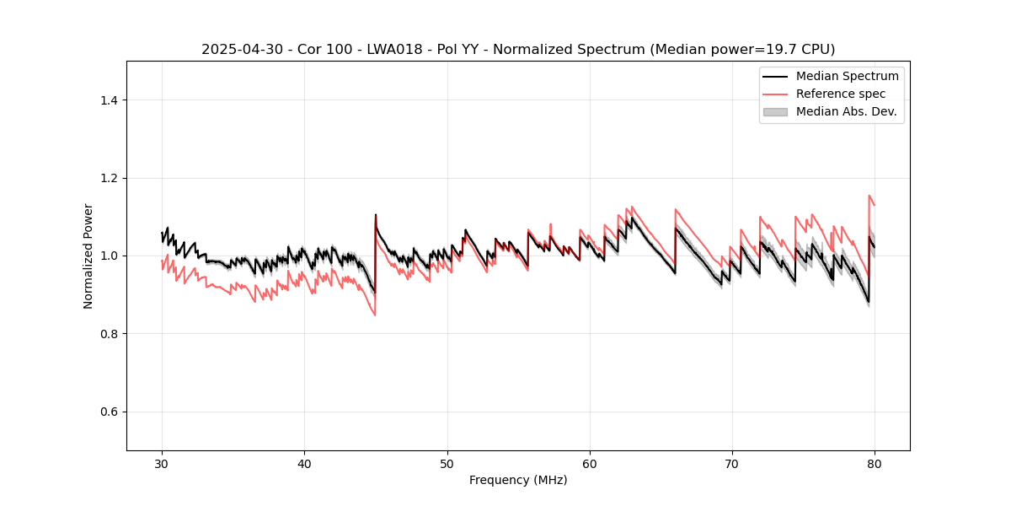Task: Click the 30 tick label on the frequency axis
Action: point(162,464)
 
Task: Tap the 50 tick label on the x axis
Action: point(447,464)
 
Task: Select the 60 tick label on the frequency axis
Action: point(590,464)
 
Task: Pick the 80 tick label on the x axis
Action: point(875,464)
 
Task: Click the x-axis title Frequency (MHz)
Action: point(518,480)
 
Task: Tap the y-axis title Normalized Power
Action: point(88,256)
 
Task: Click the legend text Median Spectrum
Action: point(848,76)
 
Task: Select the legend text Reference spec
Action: point(841,94)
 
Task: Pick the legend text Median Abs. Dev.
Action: point(847,111)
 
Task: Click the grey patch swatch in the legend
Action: point(775,111)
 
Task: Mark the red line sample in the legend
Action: point(775,94)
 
